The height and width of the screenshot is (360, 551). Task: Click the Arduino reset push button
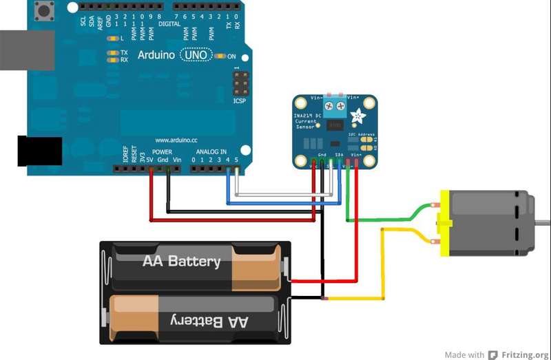(x=46, y=11)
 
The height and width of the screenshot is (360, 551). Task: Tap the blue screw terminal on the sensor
(x=334, y=105)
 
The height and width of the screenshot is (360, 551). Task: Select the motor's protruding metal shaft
(x=542, y=222)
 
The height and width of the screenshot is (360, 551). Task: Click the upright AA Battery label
(x=181, y=262)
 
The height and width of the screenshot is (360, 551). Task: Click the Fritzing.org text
(x=524, y=354)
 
